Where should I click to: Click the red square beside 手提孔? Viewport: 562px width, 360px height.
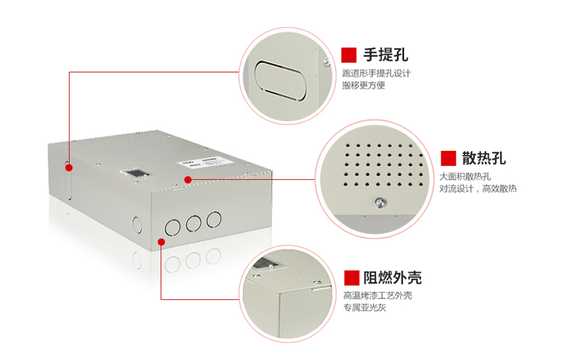tap(348, 55)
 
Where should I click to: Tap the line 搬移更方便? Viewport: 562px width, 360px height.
tap(363, 85)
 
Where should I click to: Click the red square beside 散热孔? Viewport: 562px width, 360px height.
tap(448, 157)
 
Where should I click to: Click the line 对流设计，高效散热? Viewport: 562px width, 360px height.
tap(478, 188)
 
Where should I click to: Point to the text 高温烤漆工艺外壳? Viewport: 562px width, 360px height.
tap(378, 295)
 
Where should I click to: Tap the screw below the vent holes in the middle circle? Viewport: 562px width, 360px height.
tap(378, 200)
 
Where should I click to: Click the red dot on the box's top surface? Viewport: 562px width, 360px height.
tap(187, 179)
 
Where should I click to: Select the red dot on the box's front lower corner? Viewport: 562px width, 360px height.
tap(162, 241)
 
